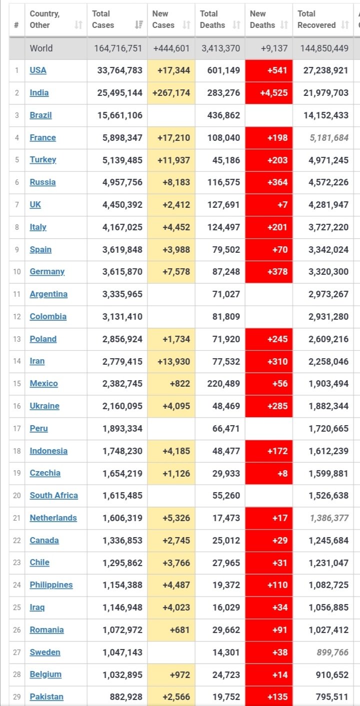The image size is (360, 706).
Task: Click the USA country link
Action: point(38,70)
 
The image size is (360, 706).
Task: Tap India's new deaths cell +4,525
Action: point(269,93)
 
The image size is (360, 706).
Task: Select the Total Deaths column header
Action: point(212,19)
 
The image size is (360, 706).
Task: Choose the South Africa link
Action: point(53,496)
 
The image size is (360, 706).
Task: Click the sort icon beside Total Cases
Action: point(139,25)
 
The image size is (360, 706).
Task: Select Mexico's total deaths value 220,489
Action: point(220,384)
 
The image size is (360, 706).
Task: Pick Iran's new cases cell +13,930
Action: point(171,361)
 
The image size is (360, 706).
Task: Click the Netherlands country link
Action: point(53,518)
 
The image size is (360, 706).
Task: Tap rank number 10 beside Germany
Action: point(17,272)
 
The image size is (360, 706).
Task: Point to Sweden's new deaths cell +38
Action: point(269,652)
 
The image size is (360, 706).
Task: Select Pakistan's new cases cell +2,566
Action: point(171,697)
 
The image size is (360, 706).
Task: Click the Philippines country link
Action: point(51,585)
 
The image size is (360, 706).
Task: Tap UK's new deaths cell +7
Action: point(269,205)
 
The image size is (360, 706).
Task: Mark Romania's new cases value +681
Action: point(171,630)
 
